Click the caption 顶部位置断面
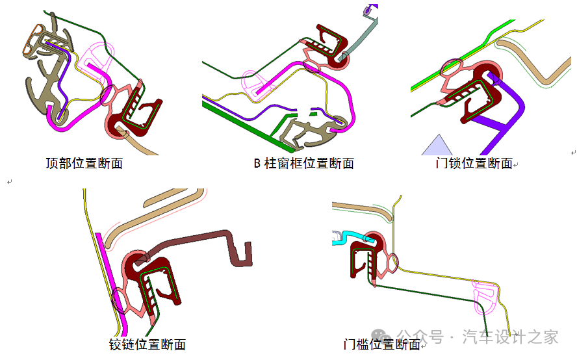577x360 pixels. [x=84, y=163]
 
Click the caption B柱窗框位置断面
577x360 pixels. [x=303, y=163]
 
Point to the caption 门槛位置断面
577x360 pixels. [x=381, y=344]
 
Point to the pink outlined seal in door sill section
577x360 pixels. [x=485, y=296]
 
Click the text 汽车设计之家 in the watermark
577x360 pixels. [x=510, y=337]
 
